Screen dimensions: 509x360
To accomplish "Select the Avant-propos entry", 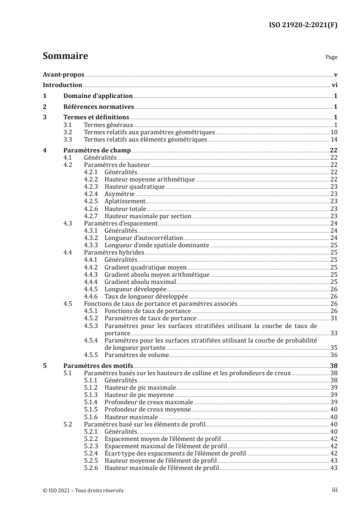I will click(63, 74).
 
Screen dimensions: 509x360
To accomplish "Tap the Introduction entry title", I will click(62, 85).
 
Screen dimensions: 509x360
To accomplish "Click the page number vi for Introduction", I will click(334, 85).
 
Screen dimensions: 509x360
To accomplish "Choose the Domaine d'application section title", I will click(97, 96).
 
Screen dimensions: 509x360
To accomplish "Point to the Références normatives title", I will click(98, 107).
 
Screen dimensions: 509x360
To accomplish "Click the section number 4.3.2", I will click(92, 238).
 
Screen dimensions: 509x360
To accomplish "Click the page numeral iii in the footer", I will click(335, 490).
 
